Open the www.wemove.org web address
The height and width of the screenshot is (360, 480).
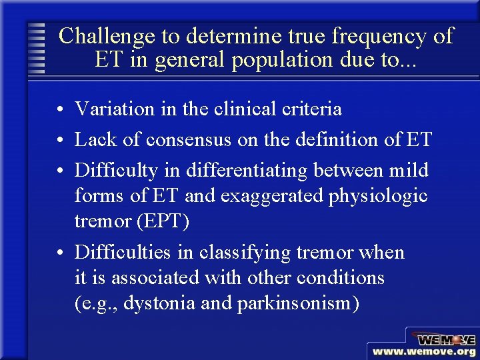424,351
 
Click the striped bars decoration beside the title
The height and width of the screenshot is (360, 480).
38,48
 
